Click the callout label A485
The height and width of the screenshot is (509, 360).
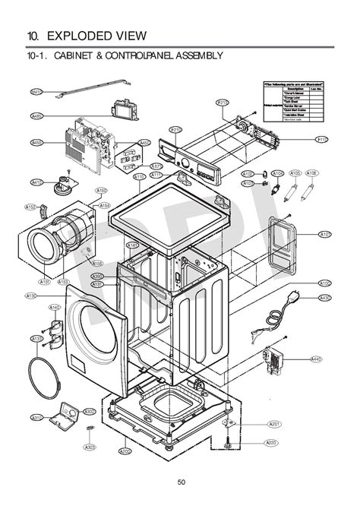(36, 115)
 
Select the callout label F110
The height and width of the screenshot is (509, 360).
(321, 140)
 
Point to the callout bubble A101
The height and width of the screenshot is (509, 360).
(325, 234)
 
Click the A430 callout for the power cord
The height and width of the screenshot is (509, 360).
(325, 298)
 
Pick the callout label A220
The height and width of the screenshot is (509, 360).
(270, 442)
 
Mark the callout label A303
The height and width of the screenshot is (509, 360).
(90, 447)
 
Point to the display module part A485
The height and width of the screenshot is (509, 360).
(122, 111)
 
